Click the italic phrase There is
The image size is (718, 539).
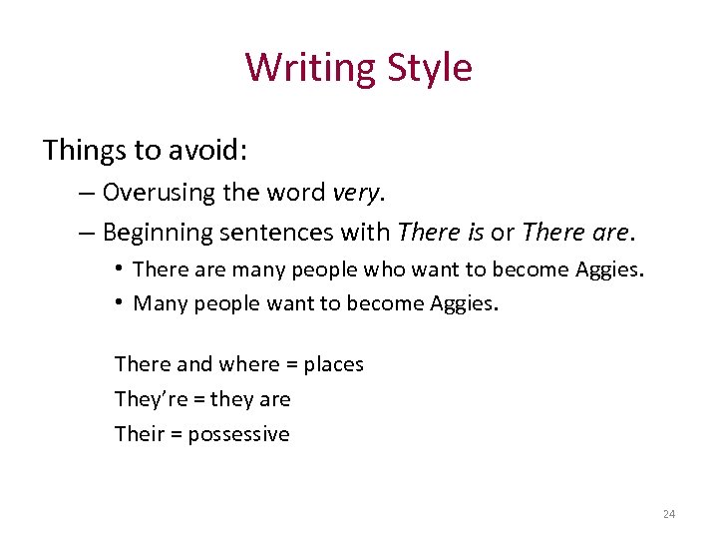click(441, 233)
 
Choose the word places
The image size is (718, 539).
click(333, 364)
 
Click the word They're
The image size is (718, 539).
click(144, 399)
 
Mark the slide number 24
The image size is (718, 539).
click(668, 514)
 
